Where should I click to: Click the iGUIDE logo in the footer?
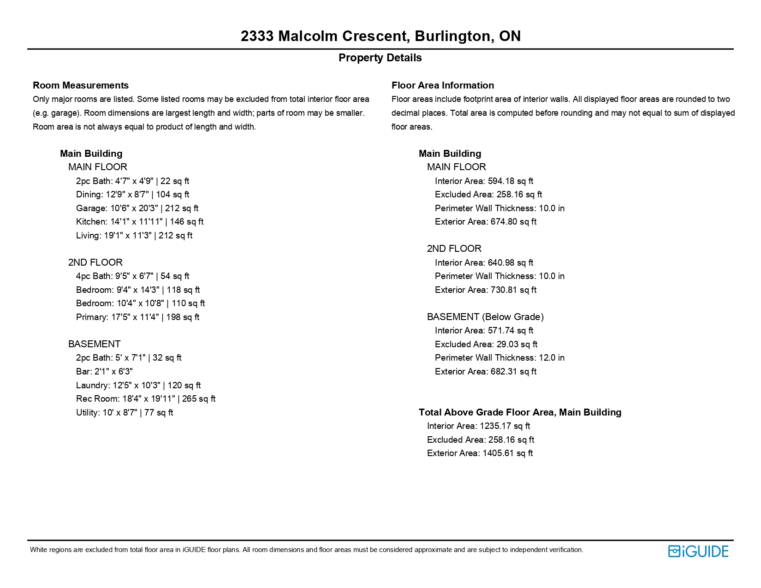698,551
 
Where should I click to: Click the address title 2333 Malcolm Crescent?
380,36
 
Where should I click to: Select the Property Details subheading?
380,58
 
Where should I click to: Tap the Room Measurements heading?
81,85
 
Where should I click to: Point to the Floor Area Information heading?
442,85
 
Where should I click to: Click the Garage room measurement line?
137,208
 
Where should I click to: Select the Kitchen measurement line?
140,221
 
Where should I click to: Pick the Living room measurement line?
134,235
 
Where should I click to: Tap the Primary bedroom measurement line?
137,317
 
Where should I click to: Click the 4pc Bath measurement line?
132,276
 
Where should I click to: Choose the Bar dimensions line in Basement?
104,371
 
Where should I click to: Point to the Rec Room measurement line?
146,398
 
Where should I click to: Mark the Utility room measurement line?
125,412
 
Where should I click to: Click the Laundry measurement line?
138,385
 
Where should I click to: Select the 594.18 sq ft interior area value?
510,181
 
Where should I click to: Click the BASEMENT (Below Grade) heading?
485,317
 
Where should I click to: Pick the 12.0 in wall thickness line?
499,357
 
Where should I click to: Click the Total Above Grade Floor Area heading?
520,412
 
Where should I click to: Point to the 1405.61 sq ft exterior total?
507,453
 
